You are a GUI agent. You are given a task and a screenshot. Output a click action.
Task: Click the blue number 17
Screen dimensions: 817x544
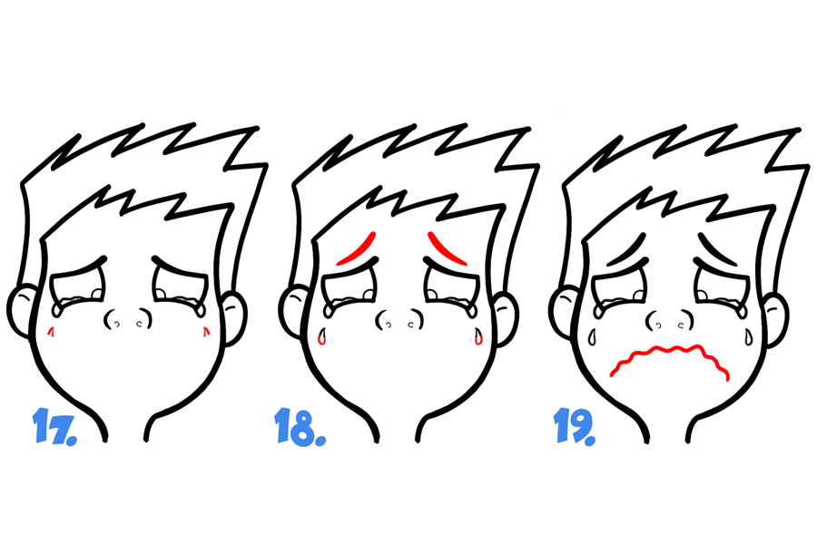(54, 426)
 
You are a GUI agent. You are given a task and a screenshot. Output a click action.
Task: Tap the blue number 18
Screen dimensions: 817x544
(300, 426)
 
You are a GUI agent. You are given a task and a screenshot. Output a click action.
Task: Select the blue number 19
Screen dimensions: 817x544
(574, 426)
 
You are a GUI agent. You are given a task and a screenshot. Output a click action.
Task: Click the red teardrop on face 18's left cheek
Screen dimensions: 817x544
(322, 336)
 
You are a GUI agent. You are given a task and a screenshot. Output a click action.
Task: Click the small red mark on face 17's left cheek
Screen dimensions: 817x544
(51, 331)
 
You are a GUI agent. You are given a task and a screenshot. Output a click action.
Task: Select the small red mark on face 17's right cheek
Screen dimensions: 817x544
(206, 331)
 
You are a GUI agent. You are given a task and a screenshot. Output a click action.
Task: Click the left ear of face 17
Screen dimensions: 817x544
(21, 311)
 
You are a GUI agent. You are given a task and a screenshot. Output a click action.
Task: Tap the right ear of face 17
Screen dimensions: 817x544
(234, 317)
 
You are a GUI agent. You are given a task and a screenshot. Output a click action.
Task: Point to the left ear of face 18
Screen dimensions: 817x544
(291, 311)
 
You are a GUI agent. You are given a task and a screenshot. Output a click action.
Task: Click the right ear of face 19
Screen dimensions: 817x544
(776, 318)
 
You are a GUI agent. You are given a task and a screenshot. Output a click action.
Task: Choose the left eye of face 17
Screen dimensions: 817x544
(78, 293)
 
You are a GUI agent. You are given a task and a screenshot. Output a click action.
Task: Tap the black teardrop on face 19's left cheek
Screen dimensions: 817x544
(592, 337)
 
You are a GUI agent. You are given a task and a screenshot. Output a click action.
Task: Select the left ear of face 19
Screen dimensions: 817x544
(563, 312)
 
